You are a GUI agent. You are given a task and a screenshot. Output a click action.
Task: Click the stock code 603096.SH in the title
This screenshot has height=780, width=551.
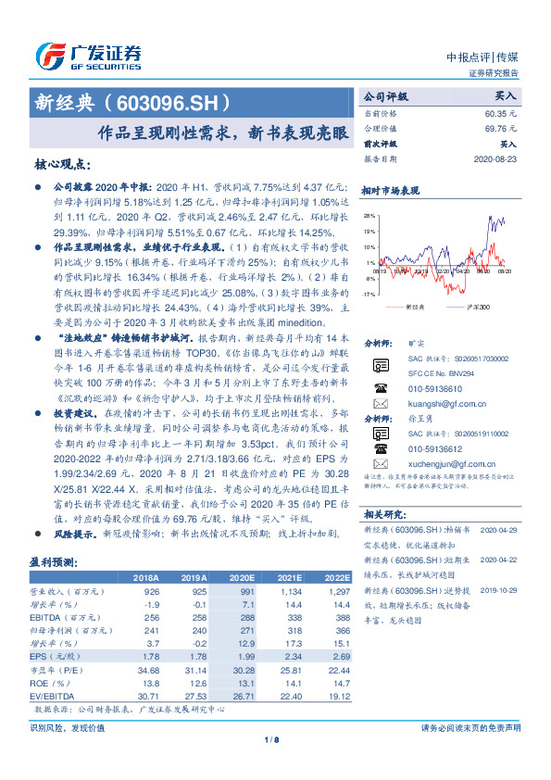point(166,101)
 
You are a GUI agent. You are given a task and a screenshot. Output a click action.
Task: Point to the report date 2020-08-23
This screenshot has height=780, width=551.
point(497,158)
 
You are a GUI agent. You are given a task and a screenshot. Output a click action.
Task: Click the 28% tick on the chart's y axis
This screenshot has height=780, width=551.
point(369,215)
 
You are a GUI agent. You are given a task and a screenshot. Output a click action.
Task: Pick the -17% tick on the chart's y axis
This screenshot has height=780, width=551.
point(369,293)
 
